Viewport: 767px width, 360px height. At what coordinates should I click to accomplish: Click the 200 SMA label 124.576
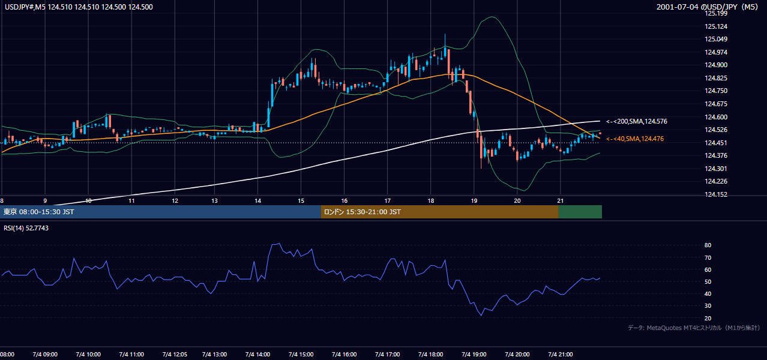[637, 121]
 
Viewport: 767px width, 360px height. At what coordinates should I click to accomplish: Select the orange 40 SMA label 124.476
[635, 139]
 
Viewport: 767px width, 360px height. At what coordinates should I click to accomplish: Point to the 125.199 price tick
[716, 14]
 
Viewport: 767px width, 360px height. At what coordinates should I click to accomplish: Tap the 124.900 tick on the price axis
[716, 65]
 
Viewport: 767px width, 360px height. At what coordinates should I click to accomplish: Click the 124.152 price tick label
[716, 194]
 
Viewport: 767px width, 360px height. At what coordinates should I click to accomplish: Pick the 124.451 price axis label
[716, 143]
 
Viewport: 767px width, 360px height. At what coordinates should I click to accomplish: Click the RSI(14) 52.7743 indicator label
[26, 228]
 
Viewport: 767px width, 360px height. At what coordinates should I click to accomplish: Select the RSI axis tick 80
[708, 245]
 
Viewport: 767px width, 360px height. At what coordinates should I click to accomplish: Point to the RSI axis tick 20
[708, 318]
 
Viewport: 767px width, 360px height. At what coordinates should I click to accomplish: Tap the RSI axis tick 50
[708, 281]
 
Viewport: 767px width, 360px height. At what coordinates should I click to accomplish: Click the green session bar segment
[580, 212]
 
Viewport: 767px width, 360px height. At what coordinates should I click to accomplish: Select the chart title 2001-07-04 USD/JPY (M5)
[707, 7]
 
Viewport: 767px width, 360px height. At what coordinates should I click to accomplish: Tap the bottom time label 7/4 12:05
[175, 354]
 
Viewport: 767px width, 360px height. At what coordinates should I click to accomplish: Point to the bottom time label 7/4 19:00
[474, 354]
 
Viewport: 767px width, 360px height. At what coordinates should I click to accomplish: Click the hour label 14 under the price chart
[258, 201]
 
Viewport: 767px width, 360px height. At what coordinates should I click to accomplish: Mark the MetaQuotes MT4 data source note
[694, 328]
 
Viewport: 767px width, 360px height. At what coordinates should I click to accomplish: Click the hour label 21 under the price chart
[560, 201]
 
